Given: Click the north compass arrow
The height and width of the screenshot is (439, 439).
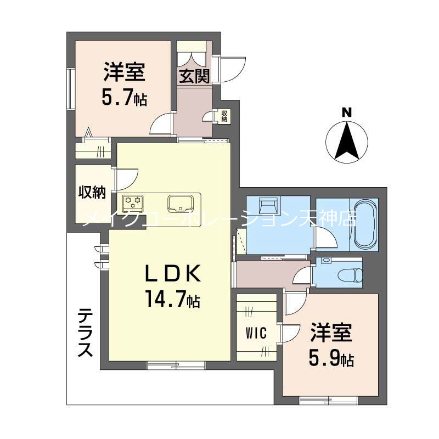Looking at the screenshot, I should pos(346,140).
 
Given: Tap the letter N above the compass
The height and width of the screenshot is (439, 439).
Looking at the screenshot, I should pos(346,112).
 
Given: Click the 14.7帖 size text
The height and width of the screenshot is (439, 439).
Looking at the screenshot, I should pos(172,299).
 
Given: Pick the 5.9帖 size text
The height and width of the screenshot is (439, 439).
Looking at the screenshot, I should pos(331,359).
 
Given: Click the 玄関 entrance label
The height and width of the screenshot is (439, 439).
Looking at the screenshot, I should pos(194,76).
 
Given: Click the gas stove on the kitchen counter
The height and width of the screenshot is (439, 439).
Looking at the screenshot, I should pos(132,203).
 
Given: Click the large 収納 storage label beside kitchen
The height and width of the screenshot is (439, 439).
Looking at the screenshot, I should pos(92,192).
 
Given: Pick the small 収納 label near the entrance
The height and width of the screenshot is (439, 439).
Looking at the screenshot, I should pos(224,116).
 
